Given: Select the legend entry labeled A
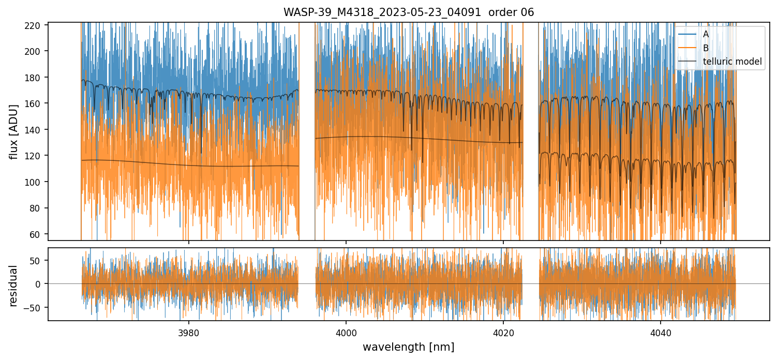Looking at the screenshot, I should (706, 35).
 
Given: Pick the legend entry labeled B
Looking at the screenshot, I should (706, 48).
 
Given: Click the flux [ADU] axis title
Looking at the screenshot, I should (14, 131).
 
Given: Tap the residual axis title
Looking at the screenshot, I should (14, 286).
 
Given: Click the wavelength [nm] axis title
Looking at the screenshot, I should (408, 347).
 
